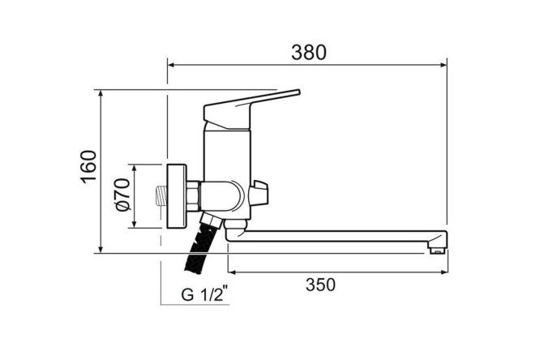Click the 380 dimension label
308,53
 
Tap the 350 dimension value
320,285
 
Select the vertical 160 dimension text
88,166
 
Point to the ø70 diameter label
123,195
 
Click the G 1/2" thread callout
204,294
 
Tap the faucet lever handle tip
298,92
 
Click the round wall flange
177,196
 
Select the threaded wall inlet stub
161,196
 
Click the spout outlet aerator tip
437,250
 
